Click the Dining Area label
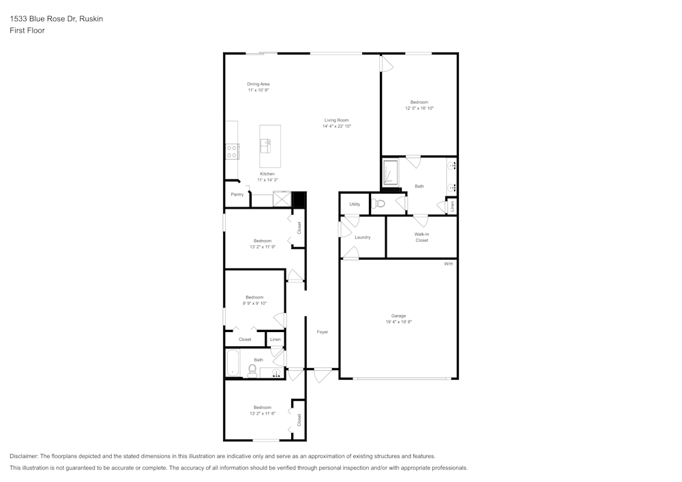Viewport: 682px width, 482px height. [258, 84]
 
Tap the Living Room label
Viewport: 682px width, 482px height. [336, 120]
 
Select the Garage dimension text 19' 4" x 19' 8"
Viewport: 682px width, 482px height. [398, 322]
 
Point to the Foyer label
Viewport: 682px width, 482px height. [323, 332]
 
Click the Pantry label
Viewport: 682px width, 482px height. [237, 195]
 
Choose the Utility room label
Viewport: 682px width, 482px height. [355, 204]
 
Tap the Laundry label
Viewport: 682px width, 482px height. [362, 237]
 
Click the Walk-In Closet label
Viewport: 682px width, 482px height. [421, 237]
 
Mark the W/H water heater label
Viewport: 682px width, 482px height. [448, 263]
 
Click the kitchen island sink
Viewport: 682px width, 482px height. [265, 145]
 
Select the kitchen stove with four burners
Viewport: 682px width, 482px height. [232, 151]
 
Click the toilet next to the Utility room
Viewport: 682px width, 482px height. [379, 203]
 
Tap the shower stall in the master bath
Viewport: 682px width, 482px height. [391, 172]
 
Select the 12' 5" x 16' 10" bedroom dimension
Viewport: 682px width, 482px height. [419, 108]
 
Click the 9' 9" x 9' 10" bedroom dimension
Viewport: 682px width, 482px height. [254, 303]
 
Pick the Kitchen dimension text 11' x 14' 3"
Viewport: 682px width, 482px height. [267, 180]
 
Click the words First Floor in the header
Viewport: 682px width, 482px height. [27, 31]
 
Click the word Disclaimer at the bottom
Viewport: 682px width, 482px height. [24, 456]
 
